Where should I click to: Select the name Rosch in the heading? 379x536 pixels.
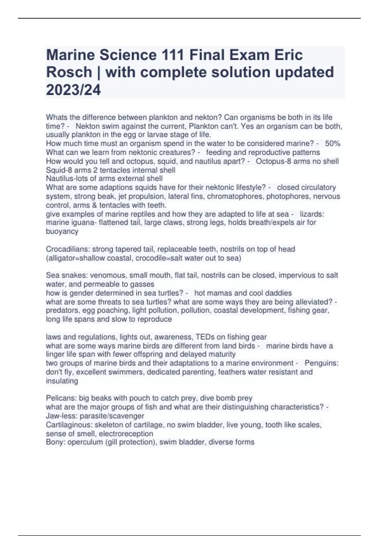(69, 73)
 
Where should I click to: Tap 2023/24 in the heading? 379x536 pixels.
(73, 90)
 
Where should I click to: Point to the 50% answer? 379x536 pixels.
(333, 143)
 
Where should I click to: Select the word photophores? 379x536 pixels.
(287, 196)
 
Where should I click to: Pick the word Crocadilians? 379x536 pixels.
(68, 249)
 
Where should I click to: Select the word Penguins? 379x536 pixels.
(322, 363)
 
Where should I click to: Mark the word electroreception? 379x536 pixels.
(126, 434)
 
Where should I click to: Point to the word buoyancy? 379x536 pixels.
(62, 231)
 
